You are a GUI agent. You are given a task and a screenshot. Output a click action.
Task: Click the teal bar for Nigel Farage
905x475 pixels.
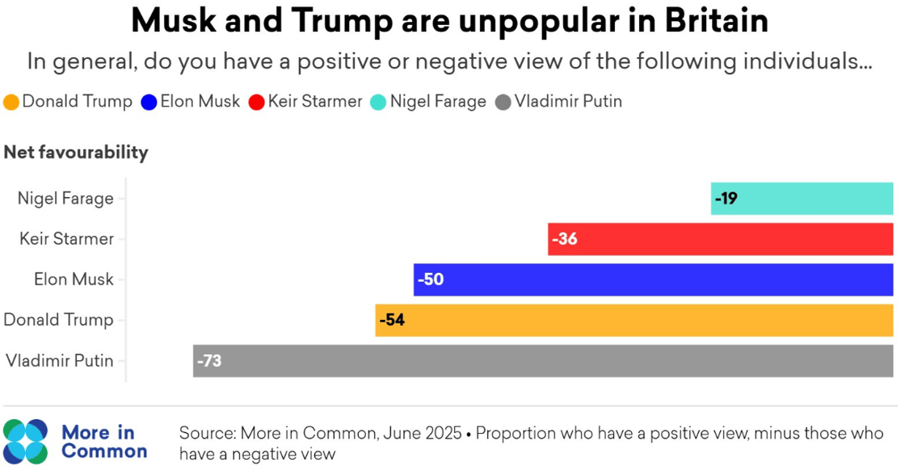tap(802, 199)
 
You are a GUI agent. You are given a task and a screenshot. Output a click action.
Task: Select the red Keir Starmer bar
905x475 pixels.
tap(720, 239)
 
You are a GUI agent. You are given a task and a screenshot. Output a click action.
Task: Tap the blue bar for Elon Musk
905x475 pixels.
tap(653, 280)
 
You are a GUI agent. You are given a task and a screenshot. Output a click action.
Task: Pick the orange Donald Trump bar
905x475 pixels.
tap(633, 320)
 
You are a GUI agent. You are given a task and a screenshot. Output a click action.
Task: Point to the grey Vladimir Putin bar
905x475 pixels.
tap(542, 361)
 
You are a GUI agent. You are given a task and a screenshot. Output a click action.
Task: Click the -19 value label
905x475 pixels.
tap(726, 199)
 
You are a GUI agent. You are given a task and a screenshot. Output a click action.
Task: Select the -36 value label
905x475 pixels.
tap(564, 239)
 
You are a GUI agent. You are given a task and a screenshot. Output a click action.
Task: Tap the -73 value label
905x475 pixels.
tap(208, 361)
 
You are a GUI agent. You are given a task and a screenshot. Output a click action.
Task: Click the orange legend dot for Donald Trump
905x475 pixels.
tap(11, 103)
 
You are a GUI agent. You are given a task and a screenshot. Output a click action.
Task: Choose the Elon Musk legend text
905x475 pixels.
tap(200, 102)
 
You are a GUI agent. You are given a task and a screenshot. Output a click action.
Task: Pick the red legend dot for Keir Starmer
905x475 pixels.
tap(257, 103)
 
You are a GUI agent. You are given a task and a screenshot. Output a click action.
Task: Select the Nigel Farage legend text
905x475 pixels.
tap(438, 102)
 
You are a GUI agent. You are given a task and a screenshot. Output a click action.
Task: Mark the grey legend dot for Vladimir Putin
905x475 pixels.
tap(503, 103)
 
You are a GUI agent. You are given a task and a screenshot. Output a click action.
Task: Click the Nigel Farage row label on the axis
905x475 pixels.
tap(65, 199)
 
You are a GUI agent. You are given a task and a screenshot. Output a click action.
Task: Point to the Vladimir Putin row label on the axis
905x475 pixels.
tap(60, 361)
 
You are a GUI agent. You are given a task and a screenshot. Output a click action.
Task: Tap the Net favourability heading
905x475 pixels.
tap(76, 152)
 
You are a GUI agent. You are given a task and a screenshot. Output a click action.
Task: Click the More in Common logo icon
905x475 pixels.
tap(26, 441)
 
